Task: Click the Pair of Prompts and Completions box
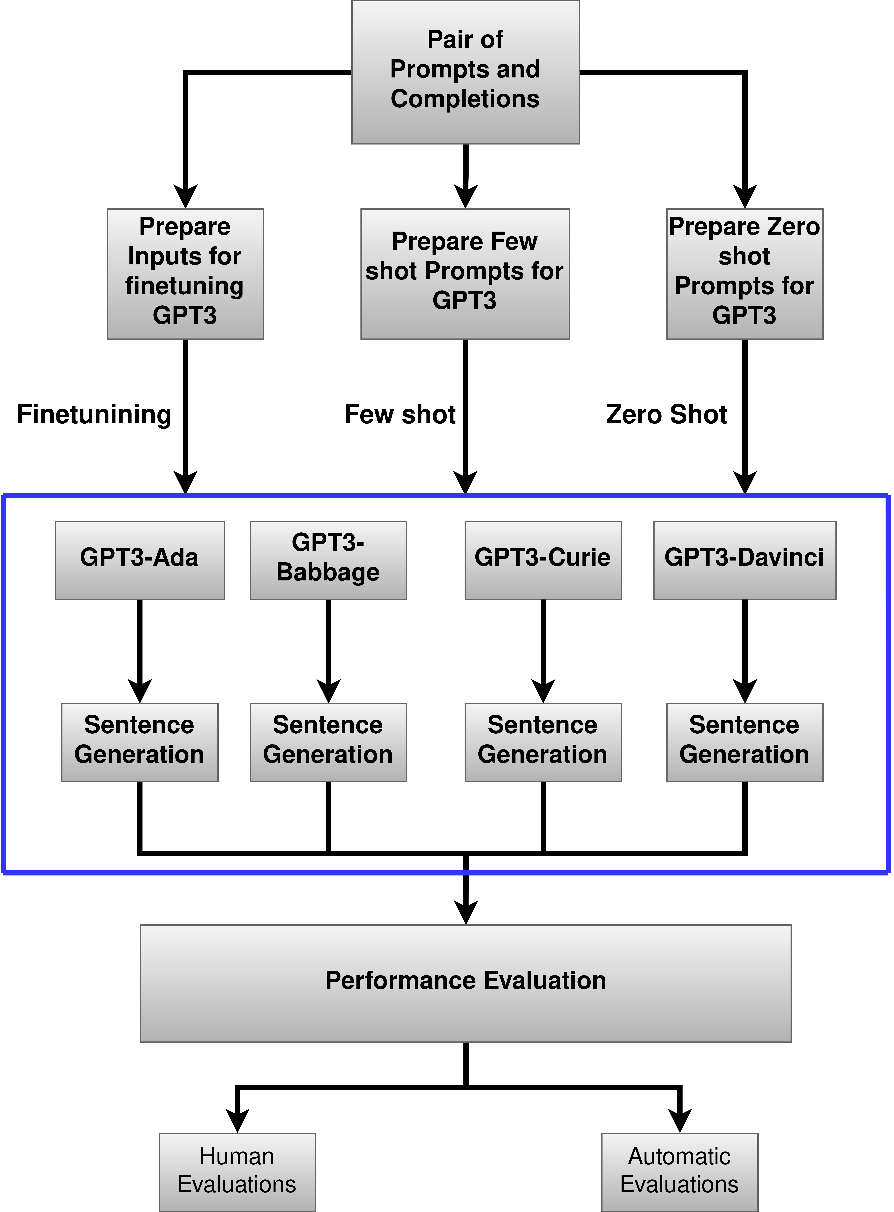(x=465, y=72)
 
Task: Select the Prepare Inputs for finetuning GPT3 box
(x=185, y=274)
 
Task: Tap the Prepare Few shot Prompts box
(x=465, y=274)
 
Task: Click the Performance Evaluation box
(x=465, y=983)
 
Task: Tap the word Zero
(x=794, y=226)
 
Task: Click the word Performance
(x=400, y=980)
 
